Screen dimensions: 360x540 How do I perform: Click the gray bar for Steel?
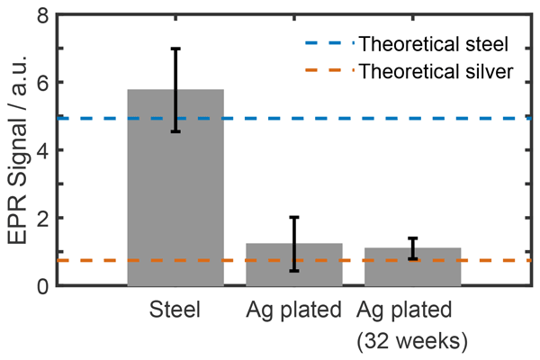pos(175,198)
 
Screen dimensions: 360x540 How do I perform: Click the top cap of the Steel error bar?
pos(175,49)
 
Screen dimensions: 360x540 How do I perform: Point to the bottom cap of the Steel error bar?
pos(175,131)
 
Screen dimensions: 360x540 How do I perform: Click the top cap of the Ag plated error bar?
pos(294,217)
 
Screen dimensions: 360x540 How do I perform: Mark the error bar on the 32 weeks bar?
pos(413,248)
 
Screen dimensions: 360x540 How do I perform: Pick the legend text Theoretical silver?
pos(436,71)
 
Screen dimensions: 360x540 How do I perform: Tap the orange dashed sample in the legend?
pos(324,71)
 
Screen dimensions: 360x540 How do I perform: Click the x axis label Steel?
pos(175,310)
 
